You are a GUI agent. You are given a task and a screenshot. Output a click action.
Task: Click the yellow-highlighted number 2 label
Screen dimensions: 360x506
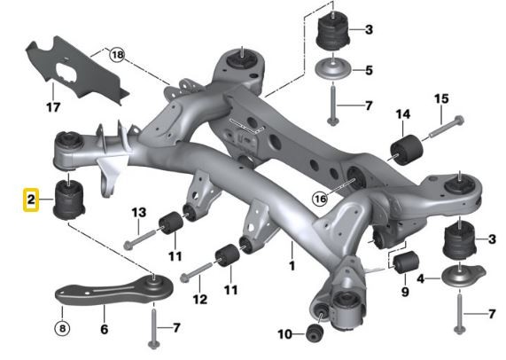click(x=29, y=201)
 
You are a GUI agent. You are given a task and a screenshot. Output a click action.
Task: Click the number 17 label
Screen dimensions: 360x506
click(x=52, y=110)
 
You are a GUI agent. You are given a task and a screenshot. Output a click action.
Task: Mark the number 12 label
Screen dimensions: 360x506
click(x=199, y=300)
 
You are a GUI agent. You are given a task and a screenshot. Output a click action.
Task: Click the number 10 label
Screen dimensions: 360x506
click(x=284, y=334)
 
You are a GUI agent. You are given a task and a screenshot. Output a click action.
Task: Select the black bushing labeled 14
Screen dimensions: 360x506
click(x=403, y=148)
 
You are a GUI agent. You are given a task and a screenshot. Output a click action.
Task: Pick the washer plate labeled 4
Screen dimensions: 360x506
click(x=462, y=277)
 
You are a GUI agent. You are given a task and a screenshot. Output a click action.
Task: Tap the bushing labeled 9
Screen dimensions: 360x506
click(x=406, y=262)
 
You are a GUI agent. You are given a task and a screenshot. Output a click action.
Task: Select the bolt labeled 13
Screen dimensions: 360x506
click(x=139, y=237)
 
